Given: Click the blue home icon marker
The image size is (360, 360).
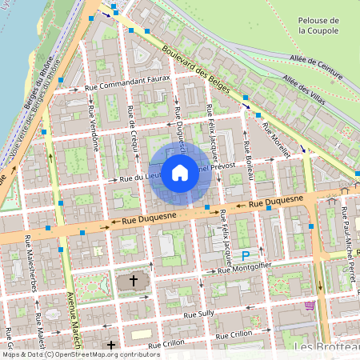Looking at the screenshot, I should coord(180,172).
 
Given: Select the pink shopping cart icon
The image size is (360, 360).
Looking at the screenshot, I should coord(309,306).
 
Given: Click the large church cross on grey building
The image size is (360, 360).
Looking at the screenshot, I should coord(133,282).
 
